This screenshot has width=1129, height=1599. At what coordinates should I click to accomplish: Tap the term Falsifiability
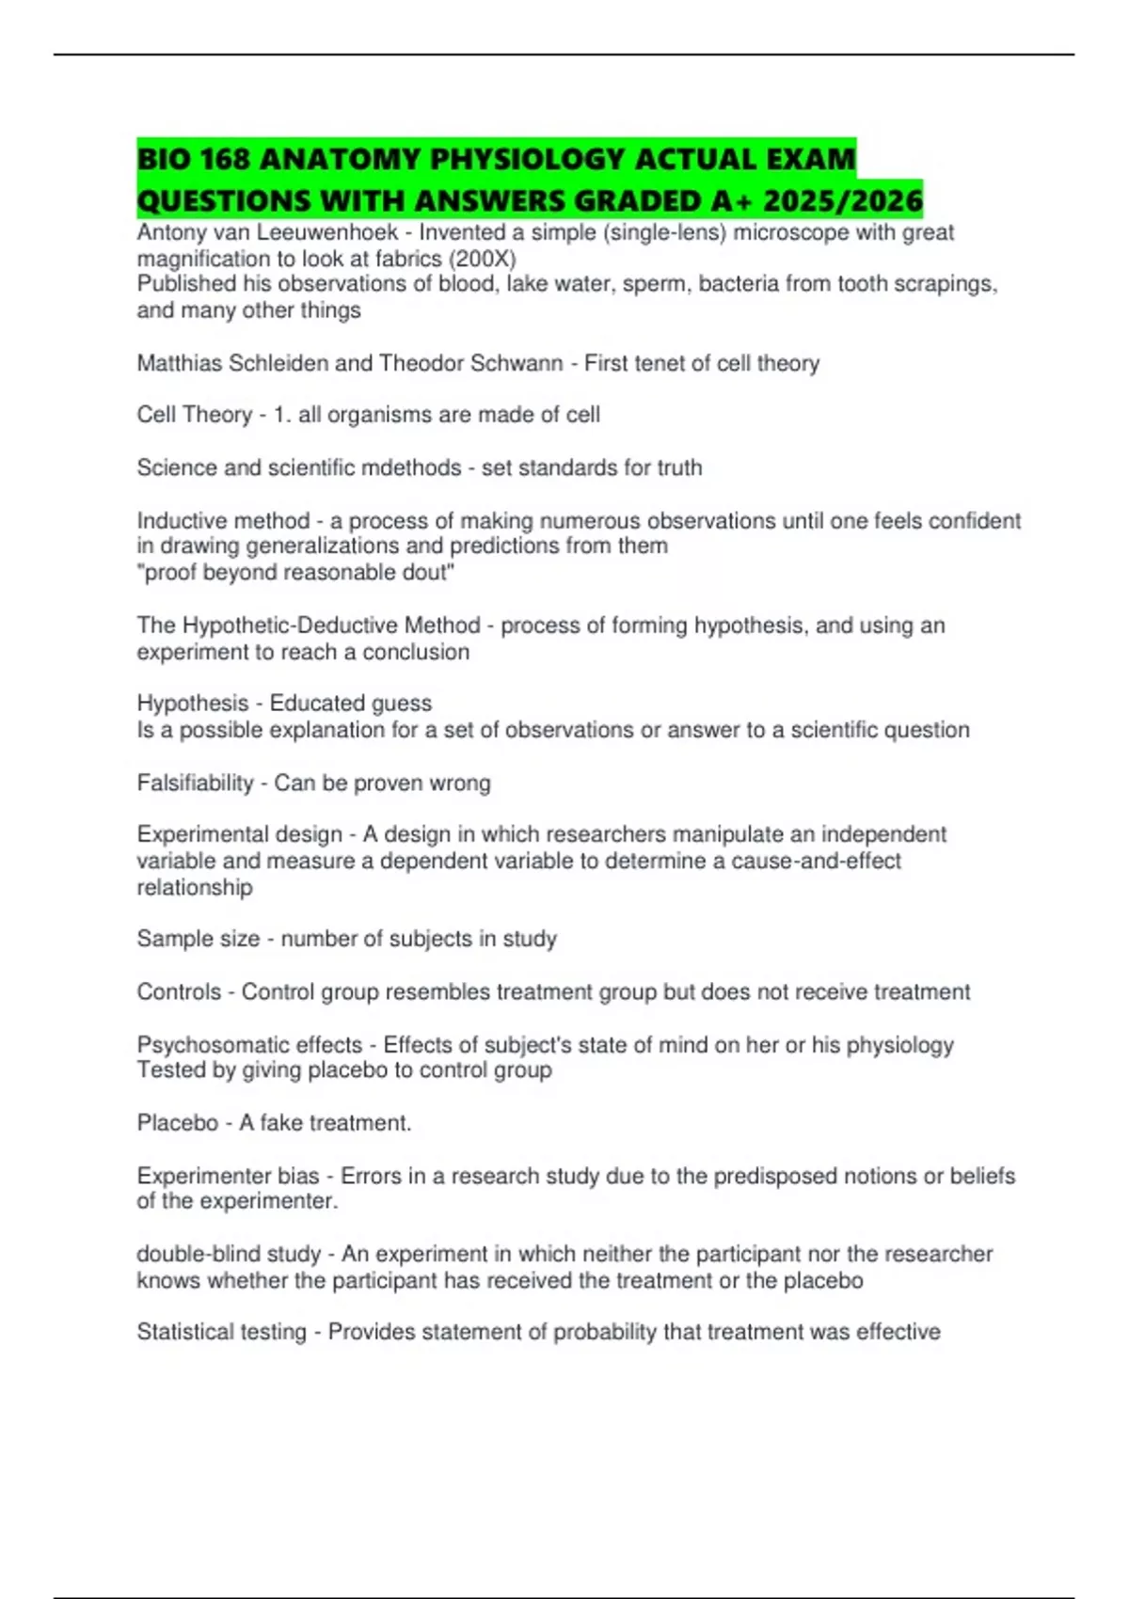pos(195,783)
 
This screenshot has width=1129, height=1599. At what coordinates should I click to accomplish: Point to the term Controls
pos(179,991)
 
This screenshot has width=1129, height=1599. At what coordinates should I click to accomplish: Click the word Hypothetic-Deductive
pos(331,625)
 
